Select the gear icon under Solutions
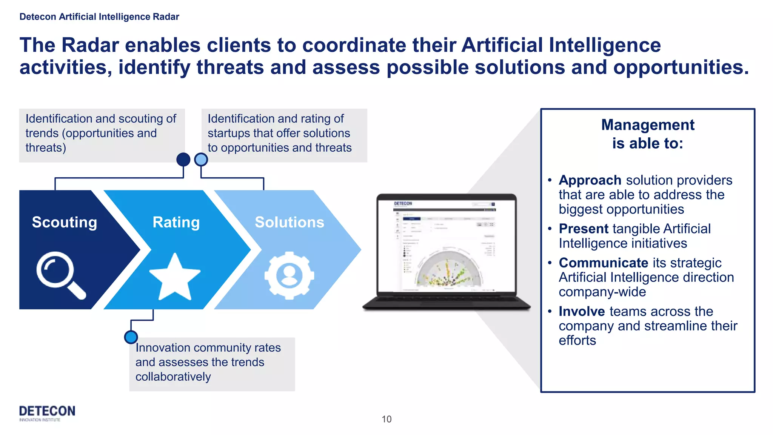(x=289, y=275)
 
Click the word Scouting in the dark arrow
(x=65, y=222)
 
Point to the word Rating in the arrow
(x=176, y=222)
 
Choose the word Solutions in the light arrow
(x=289, y=222)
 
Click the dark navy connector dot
(x=183, y=160)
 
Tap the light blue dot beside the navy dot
(x=201, y=160)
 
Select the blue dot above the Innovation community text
(x=131, y=337)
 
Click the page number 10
(x=386, y=419)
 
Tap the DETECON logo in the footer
(x=47, y=412)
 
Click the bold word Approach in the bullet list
(x=590, y=180)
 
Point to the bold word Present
(x=584, y=229)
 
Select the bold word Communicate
(x=603, y=263)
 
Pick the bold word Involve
(x=582, y=312)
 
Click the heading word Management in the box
(x=648, y=125)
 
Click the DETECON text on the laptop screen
(x=403, y=204)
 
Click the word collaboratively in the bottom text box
(x=173, y=377)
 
